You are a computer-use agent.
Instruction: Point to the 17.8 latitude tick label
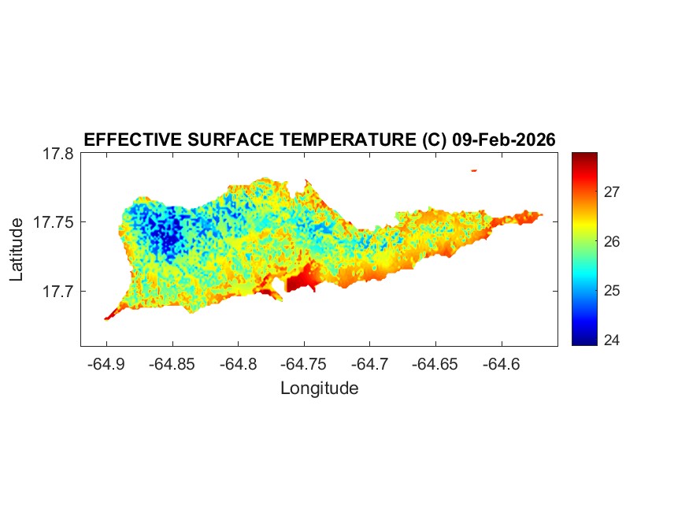[58, 154]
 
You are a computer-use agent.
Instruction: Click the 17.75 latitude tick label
[54, 222]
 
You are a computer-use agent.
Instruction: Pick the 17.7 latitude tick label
[58, 292]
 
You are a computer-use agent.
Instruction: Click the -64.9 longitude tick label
[106, 364]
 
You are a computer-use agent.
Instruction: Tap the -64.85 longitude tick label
[172, 364]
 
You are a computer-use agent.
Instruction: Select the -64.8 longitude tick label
[239, 364]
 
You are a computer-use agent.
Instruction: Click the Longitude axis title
[319, 388]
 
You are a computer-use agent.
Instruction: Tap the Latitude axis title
[17, 250]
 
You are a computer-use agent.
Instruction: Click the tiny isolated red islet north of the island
[474, 169]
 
